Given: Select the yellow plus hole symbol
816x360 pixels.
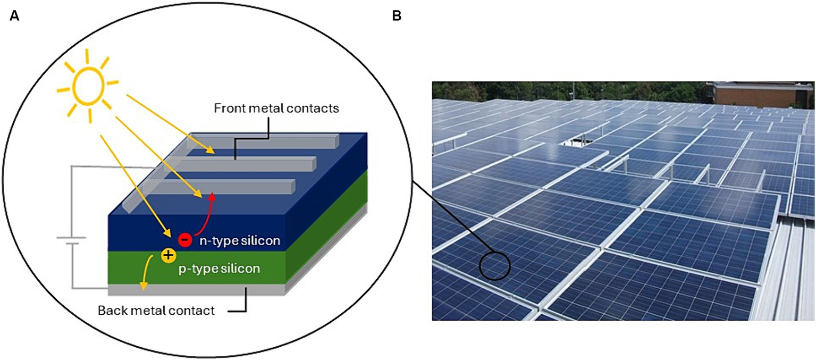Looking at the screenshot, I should click(x=169, y=257).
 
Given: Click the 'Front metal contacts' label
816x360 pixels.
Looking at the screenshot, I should click(x=276, y=108).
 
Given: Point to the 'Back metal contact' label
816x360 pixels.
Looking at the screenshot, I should click(x=156, y=310).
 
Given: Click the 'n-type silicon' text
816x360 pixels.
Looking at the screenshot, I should click(x=240, y=241).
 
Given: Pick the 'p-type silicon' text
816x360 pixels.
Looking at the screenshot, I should click(x=219, y=269).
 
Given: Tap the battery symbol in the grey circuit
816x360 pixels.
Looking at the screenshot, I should click(x=68, y=241).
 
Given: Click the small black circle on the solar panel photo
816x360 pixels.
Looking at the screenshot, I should click(x=495, y=264).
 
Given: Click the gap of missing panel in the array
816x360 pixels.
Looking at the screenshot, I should click(x=573, y=139).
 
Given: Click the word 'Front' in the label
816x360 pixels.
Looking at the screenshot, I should click(x=228, y=108).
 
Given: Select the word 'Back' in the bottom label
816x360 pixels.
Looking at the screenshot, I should click(x=110, y=310).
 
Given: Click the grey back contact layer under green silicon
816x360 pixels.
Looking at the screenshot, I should click(x=197, y=290).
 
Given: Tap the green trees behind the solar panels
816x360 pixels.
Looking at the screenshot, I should click(x=532, y=90).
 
